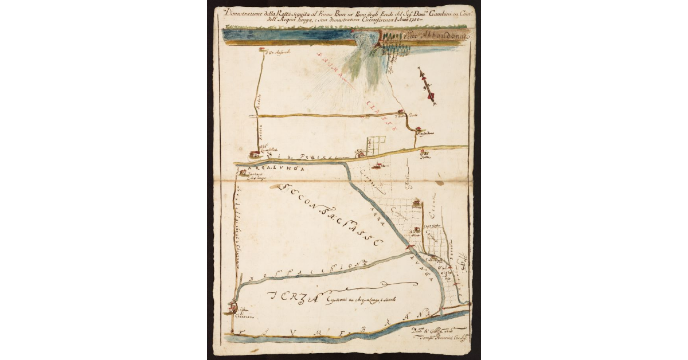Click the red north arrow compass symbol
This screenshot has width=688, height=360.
[x=427, y=85]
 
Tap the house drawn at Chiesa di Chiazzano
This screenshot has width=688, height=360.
[x=233, y=308]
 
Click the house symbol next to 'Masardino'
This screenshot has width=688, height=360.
[x=419, y=130]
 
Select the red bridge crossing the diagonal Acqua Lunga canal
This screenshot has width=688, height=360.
[x=409, y=246]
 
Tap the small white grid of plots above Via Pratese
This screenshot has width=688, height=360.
[x=376, y=145]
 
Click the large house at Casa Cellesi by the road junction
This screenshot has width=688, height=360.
[x=254, y=154]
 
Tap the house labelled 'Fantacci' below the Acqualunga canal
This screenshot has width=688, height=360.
[x=243, y=173]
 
